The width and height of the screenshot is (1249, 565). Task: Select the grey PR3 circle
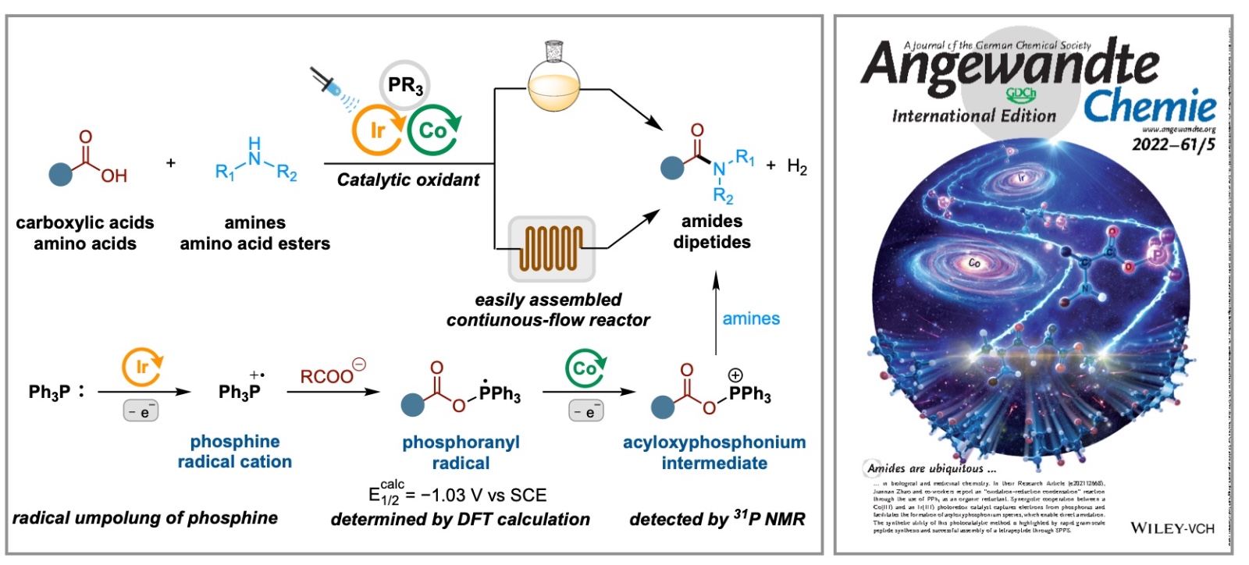[x=404, y=84]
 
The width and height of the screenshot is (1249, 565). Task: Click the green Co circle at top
[x=433, y=131]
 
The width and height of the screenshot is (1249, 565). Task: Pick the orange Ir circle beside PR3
[x=377, y=131]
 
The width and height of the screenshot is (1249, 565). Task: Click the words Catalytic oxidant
[x=408, y=179]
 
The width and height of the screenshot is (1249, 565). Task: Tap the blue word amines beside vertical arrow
[x=751, y=318]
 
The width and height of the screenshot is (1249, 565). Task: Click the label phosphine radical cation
[x=234, y=452]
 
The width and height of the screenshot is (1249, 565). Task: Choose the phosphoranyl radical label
[x=461, y=453]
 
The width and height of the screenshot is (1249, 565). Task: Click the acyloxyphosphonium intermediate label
[x=714, y=453]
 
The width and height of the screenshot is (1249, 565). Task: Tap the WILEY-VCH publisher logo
[x=1172, y=528]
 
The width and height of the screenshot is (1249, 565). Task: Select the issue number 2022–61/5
[x=1173, y=144]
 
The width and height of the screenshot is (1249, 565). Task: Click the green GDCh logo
[x=1021, y=94]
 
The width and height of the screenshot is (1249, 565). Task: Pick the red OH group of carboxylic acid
[x=114, y=176]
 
